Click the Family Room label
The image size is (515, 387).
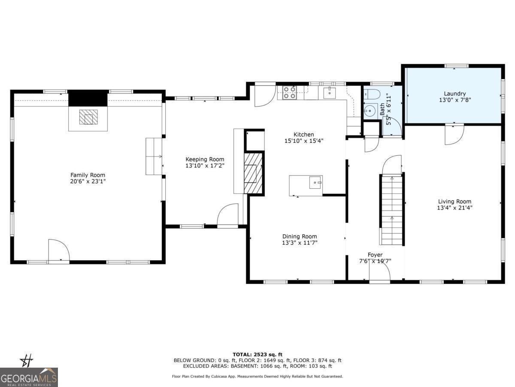click(88, 175)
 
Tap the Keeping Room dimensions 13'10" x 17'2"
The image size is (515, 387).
click(205, 166)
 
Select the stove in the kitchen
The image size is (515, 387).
click(290, 92)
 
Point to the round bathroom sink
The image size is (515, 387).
click(371, 111)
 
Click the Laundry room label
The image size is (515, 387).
click(454, 94)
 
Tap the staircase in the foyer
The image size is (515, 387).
click(392, 210)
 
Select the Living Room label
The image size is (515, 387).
click(454, 201)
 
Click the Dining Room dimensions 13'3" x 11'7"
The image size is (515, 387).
click(300, 243)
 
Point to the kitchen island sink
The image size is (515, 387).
click(315, 182)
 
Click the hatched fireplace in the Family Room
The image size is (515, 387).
click(88, 117)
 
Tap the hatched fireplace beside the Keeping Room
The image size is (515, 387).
click(253, 173)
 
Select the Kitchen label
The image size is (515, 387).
click(303, 135)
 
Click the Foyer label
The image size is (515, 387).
click(375, 255)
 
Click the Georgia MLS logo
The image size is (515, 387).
click(29, 377)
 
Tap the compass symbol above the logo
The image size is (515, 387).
click(26, 361)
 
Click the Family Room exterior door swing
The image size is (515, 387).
click(59, 250)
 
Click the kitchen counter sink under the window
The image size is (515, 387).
click(330, 92)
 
